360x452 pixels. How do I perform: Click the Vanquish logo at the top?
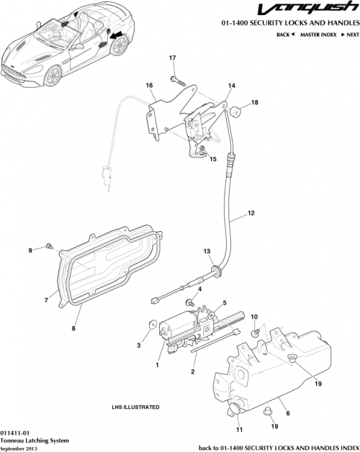pos(316,10)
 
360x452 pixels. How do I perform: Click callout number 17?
pos(173,58)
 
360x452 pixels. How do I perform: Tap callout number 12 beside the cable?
pos(251,213)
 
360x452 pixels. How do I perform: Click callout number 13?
pos(207,251)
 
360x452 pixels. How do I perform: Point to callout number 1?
pos(156,364)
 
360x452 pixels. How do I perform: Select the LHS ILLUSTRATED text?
pos(135,407)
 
